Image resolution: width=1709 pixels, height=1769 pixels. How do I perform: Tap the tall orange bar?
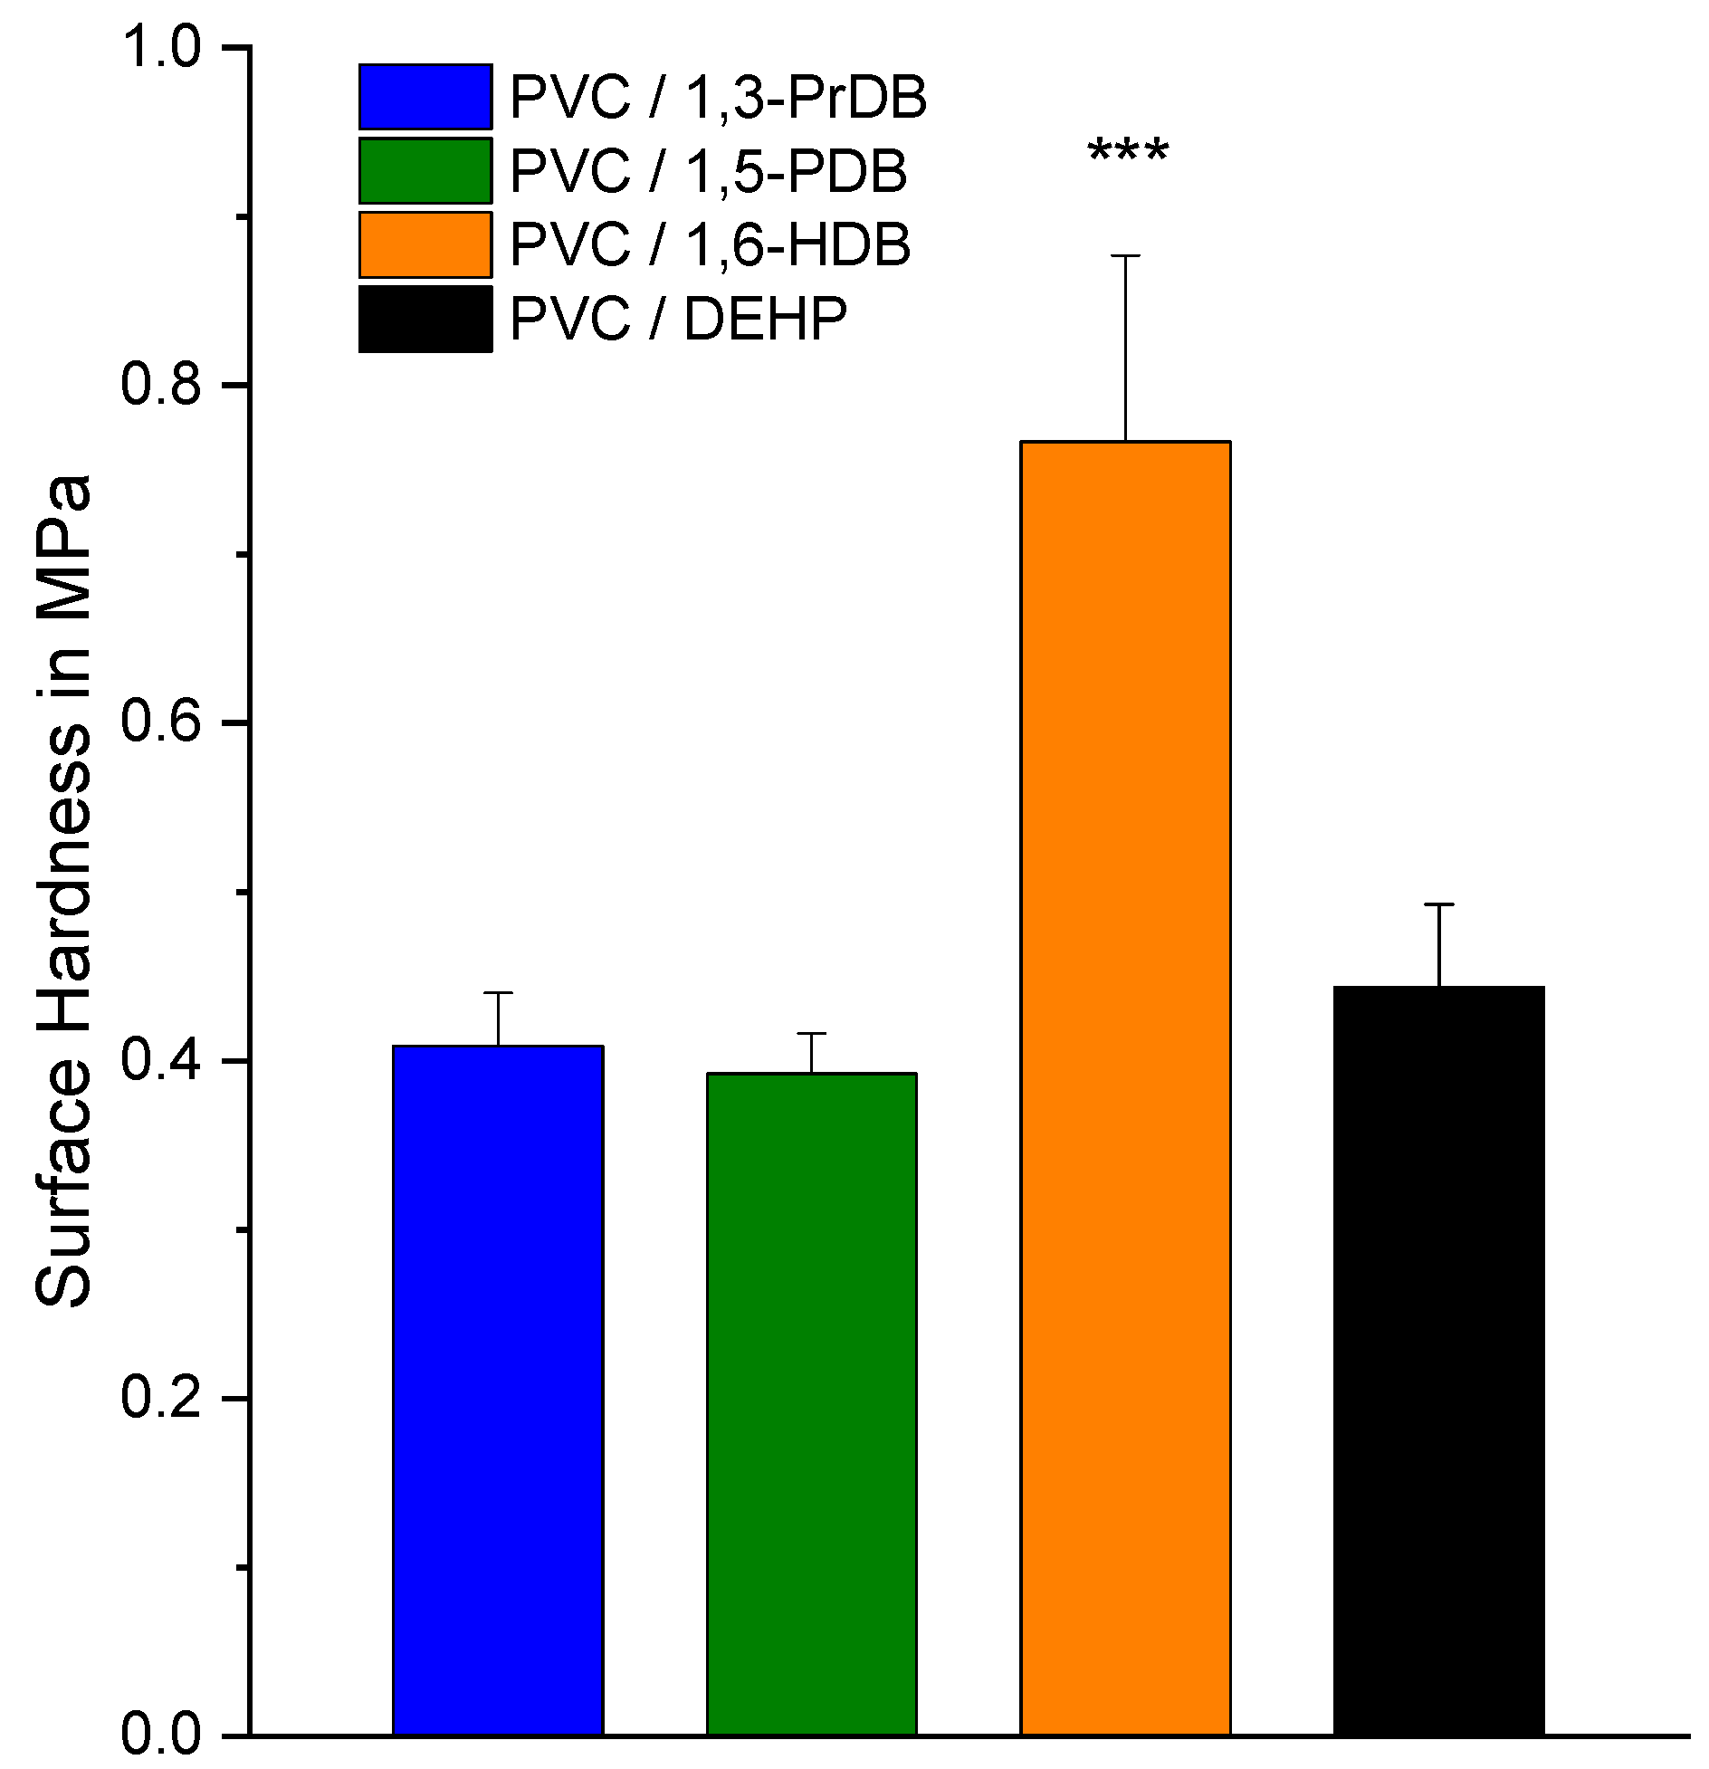coord(1125,1086)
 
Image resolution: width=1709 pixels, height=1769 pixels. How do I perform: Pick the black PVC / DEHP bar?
coord(1438,1358)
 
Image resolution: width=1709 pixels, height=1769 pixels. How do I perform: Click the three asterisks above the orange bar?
coord(1128,153)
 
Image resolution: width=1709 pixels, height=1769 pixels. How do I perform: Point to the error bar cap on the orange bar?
coord(1125,256)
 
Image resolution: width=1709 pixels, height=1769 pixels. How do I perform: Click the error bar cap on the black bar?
coord(1438,904)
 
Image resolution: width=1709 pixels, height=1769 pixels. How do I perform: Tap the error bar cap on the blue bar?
coord(498,993)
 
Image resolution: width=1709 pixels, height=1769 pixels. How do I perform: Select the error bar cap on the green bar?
coord(812,1033)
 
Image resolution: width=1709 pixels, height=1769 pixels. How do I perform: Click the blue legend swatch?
coord(425,97)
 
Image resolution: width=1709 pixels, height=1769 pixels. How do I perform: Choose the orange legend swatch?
coord(425,244)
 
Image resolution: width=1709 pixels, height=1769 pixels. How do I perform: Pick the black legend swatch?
coord(425,319)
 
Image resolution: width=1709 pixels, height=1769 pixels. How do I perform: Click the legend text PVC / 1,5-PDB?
coord(708,171)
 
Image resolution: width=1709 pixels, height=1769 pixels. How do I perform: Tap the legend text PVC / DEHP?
coord(678,319)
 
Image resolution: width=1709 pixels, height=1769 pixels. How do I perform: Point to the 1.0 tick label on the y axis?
coord(160,47)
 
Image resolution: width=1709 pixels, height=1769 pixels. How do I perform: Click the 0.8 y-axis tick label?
coord(160,385)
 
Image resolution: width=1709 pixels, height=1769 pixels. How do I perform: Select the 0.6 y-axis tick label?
coord(160,722)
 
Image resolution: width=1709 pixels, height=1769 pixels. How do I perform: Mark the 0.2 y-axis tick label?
coord(160,1398)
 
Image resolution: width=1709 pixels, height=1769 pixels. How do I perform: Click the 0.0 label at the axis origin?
coord(160,1735)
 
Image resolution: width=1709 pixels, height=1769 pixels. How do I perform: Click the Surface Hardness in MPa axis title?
coord(63,892)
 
